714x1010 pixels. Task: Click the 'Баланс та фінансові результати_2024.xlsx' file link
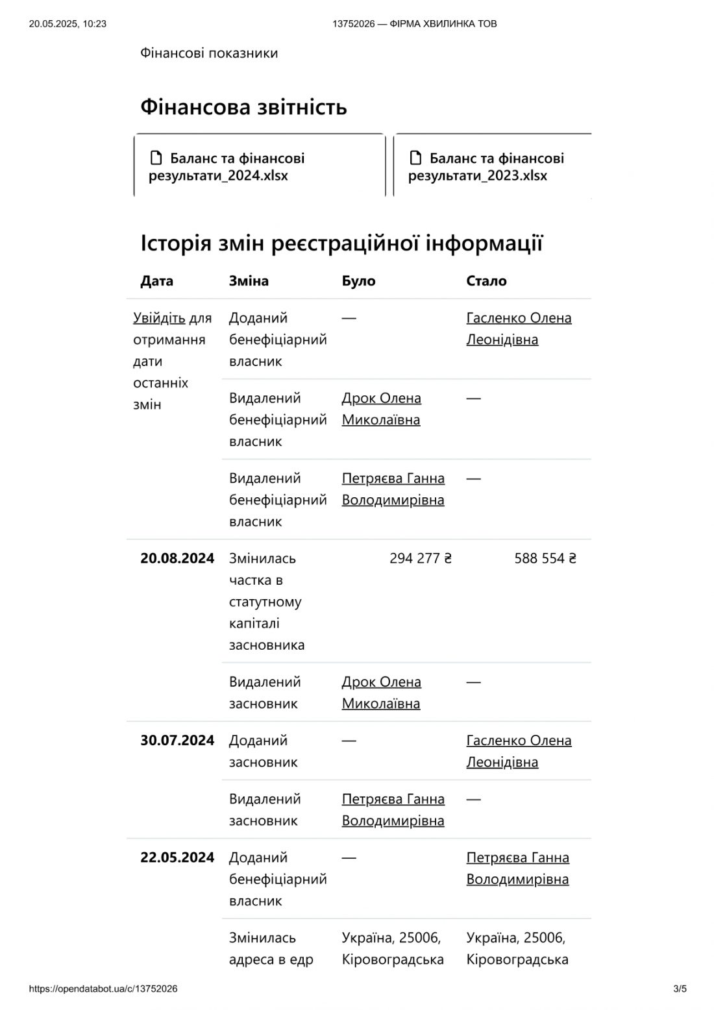[x=227, y=167]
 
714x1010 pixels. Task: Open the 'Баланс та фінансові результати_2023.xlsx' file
[x=486, y=167]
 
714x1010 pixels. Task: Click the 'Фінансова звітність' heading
[x=243, y=106]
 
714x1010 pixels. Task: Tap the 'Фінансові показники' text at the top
[x=209, y=53]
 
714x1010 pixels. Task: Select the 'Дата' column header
[x=156, y=281]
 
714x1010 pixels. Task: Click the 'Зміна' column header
[x=249, y=281]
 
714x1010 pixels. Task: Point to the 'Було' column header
[x=358, y=281]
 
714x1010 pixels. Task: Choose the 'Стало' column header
[x=486, y=281]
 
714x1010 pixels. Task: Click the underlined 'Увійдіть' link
[x=159, y=318]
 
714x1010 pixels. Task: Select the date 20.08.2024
[x=177, y=558]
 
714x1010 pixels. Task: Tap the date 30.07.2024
[x=177, y=741]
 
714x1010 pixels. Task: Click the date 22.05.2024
[x=177, y=857]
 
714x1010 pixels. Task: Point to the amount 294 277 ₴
[x=421, y=558]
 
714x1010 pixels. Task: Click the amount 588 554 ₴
[x=545, y=558]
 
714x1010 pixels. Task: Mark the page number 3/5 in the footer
[x=680, y=989]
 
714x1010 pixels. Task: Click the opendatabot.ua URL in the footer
[x=103, y=989]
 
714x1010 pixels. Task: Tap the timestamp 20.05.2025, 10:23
[x=68, y=24]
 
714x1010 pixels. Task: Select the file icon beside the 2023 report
[x=415, y=158]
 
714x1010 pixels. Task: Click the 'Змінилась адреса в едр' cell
[x=271, y=948]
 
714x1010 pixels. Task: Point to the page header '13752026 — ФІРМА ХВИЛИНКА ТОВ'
[x=415, y=24]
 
